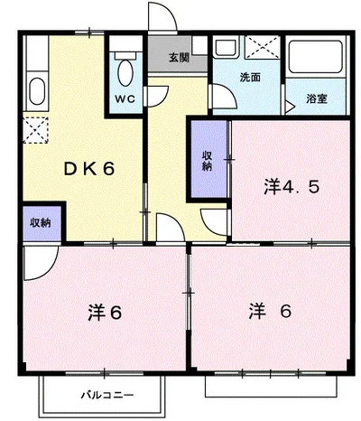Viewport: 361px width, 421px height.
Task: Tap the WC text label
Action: pos(124,98)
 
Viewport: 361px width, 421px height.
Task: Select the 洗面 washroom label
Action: pos(249,77)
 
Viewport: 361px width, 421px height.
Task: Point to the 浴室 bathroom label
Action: pos(316,98)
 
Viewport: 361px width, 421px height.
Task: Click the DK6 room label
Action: pos(88,167)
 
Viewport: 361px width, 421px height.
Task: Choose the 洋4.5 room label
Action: pos(292,187)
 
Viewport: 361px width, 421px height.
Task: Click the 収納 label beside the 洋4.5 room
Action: pos(207,159)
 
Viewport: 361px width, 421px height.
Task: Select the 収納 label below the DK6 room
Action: pos(40,222)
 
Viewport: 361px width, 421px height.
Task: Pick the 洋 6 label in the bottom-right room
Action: pos(270,312)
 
